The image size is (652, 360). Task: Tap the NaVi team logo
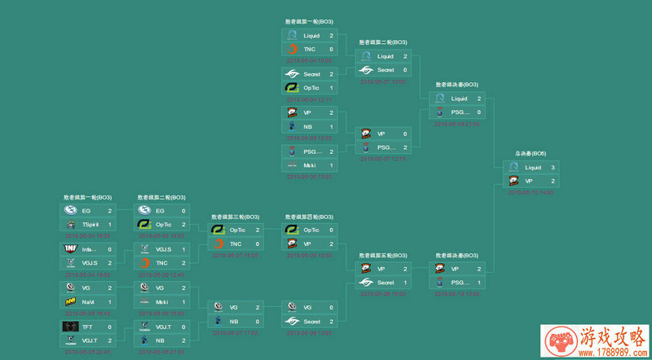tap(70, 301)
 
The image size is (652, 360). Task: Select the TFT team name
tap(86, 327)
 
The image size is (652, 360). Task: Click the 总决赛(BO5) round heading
tap(530, 153)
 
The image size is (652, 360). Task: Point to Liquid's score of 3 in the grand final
tap(552, 167)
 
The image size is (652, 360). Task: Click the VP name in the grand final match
tap(529, 181)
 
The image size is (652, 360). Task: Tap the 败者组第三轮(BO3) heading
tap(236, 217)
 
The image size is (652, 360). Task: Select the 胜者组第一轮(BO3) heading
tap(309, 21)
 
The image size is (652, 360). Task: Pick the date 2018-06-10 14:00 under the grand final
tap(530, 192)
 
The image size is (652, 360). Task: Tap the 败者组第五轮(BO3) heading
tap(383, 255)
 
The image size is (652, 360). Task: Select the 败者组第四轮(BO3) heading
tap(309, 217)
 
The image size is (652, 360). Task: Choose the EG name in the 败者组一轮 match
tap(86, 210)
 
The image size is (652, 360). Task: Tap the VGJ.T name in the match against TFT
tap(89, 340)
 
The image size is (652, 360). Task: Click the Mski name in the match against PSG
tap(309, 165)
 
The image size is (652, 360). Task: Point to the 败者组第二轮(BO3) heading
tap(161, 197)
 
